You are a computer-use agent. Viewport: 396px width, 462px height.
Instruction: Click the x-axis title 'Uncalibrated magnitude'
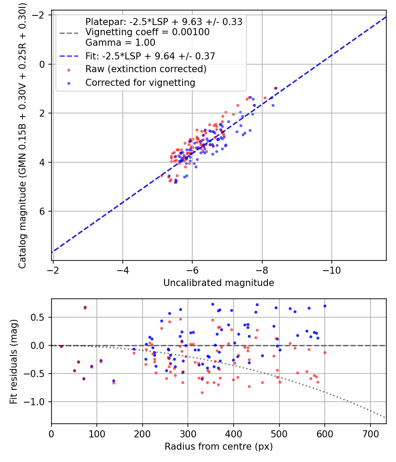click(219, 283)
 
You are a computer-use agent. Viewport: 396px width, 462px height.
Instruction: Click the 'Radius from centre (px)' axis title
click(219, 447)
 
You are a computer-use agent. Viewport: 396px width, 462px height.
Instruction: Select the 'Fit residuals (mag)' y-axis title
click(14, 361)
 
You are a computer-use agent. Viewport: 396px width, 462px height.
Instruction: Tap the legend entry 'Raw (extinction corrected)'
click(146, 69)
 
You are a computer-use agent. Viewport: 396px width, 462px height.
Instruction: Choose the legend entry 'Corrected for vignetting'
click(140, 82)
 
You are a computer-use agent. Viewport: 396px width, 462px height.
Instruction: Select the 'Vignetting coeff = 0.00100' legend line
click(147, 32)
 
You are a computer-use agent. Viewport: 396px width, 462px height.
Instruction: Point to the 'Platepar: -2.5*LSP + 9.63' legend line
click(164, 22)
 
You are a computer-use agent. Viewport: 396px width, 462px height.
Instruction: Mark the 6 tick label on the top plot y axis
click(43, 212)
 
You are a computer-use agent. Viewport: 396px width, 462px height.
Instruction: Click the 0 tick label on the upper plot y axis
click(43, 64)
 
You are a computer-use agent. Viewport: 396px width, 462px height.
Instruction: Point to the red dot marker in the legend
click(68, 69)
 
